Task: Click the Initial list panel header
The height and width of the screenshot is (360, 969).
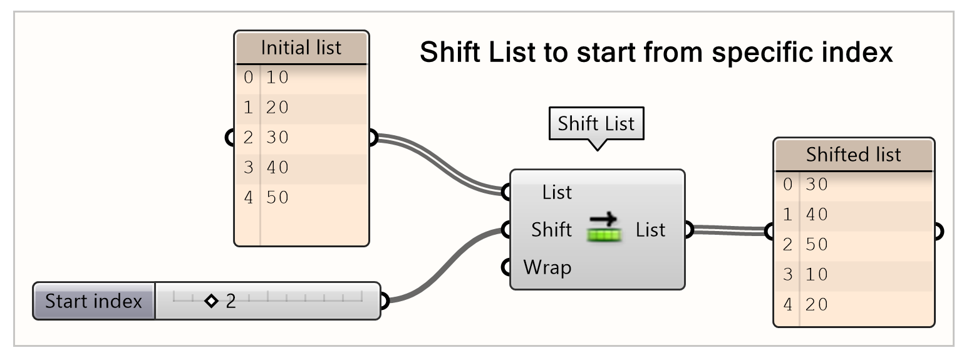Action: [301, 48]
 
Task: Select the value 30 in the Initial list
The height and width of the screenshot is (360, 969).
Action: [277, 138]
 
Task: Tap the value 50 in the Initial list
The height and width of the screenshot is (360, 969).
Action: [277, 198]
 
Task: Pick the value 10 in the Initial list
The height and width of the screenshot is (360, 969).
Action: [277, 78]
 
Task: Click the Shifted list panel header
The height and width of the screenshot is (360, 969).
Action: [853, 155]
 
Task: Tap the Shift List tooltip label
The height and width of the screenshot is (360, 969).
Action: [596, 123]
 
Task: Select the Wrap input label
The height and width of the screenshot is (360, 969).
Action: [547, 268]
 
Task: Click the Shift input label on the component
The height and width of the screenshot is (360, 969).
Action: [551, 230]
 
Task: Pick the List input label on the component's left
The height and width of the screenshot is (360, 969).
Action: [557, 192]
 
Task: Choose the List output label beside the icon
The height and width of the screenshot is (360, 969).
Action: [650, 230]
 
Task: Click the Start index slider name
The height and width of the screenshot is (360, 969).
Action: [94, 301]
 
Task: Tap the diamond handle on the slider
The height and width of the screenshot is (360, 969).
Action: [211, 301]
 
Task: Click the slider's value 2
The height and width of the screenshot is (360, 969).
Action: [231, 301]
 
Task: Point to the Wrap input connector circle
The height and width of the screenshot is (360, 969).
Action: [506, 268]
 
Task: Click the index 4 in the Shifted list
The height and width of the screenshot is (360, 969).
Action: [787, 305]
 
